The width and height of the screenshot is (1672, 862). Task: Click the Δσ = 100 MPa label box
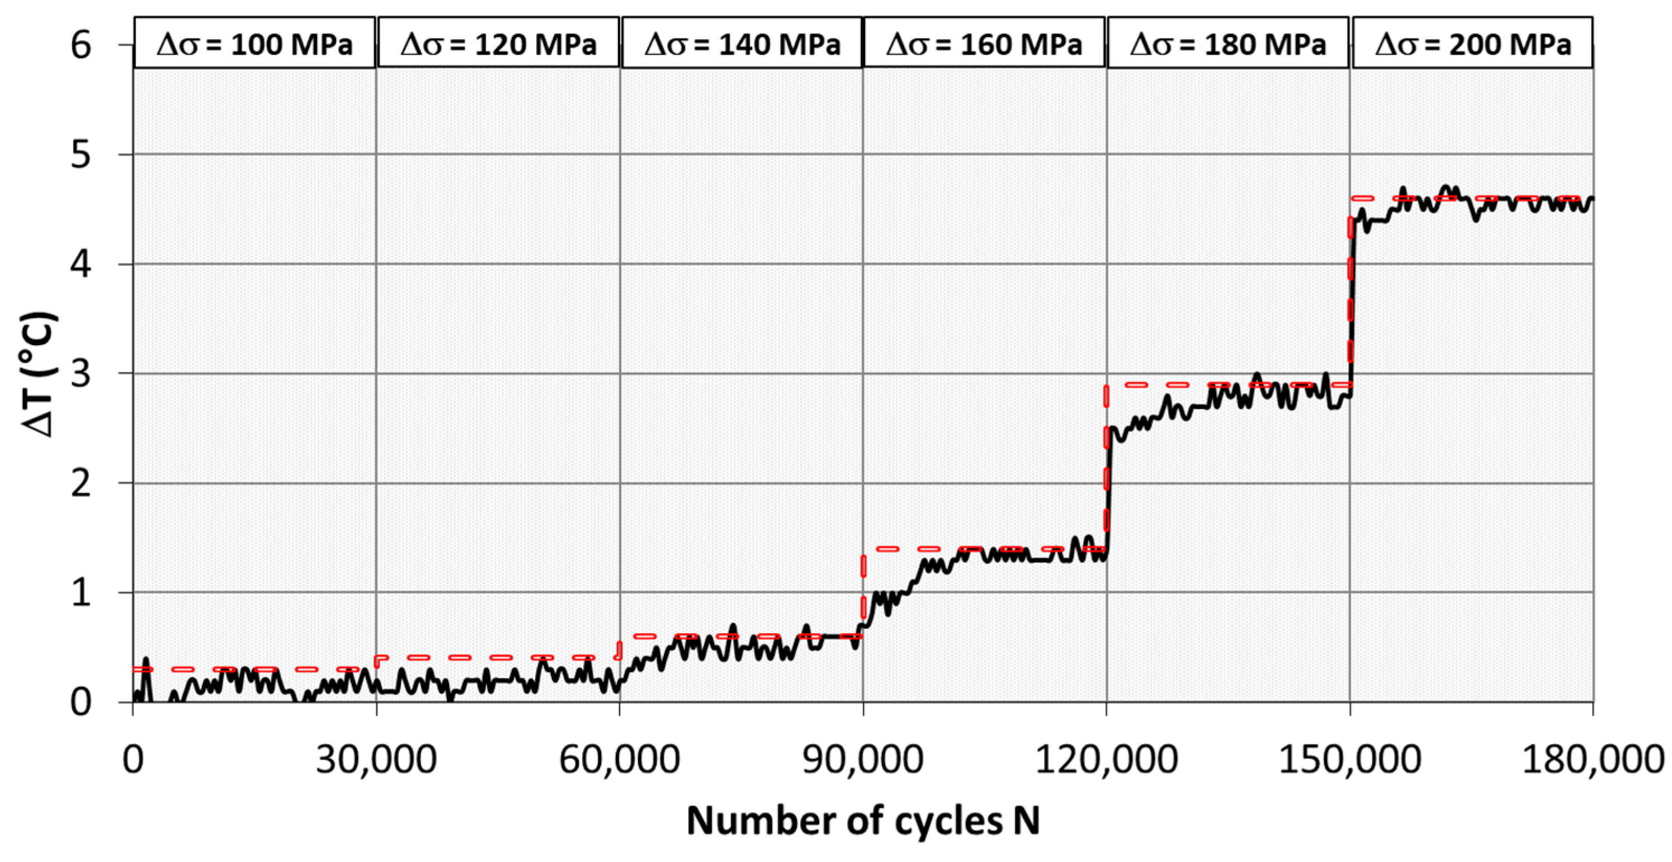coord(254,44)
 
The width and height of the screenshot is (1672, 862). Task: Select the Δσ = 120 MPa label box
coord(498,44)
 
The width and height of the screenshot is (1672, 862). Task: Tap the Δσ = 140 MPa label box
coord(742,44)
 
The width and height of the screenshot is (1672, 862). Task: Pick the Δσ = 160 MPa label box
coord(984,44)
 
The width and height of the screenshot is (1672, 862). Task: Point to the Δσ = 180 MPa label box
coord(1227,44)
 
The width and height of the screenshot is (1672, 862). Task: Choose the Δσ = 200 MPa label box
coord(1472,44)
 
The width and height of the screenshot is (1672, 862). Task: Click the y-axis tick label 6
coord(81,45)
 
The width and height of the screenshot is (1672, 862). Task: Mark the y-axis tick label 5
coord(81,154)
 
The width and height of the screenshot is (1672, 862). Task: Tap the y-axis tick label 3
coord(81,374)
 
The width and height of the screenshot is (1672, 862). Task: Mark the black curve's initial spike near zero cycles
coord(146,661)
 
